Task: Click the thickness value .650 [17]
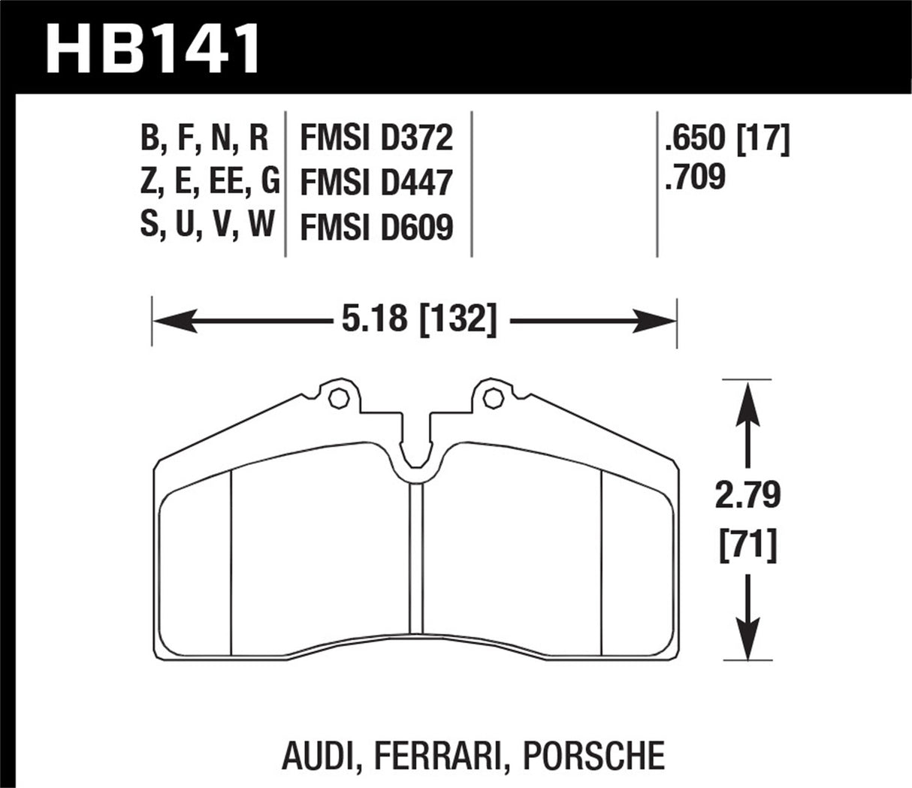pyautogui.click(x=727, y=138)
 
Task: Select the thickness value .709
pyautogui.click(x=695, y=178)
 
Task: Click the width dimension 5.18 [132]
pyautogui.click(x=419, y=322)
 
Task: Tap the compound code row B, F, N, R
pyautogui.click(x=204, y=138)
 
